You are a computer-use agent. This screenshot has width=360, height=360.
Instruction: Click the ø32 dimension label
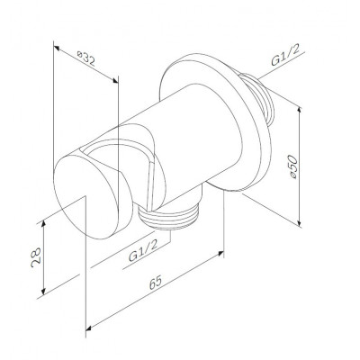pyautogui.click(x=86, y=59)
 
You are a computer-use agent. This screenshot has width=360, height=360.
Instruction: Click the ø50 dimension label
pyautogui.click(x=292, y=167)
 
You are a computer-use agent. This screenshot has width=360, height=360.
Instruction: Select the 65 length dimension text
pyautogui.click(x=156, y=283)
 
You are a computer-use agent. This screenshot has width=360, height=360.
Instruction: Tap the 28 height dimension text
pyautogui.click(x=36, y=257)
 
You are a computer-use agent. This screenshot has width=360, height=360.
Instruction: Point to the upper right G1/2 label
pyautogui.click(x=285, y=57)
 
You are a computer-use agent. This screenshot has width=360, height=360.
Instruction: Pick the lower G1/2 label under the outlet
pyautogui.click(x=143, y=251)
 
